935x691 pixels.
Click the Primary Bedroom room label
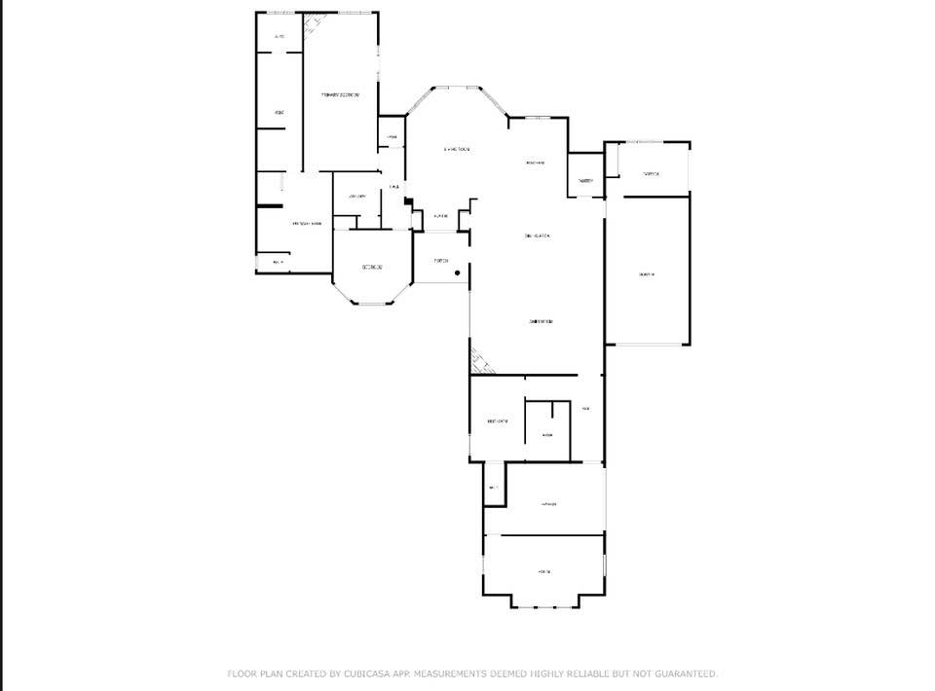pyautogui.click(x=341, y=94)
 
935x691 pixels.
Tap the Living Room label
pyautogui.click(x=457, y=149)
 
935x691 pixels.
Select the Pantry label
pyautogui.click(x=585, y=181)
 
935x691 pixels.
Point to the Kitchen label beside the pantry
pyautogui.click(x=535, y=163)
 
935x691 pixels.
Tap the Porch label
pyautogui.click(x=441, y=261)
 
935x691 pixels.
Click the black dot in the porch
pyautogui.click(x=457, y=273)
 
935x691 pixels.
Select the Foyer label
pyautogui.click(x=441, y=215)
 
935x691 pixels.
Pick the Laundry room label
pyautogui.click(x=355, y=196)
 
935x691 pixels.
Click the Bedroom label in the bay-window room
pyautogui.click(x=372, y=268)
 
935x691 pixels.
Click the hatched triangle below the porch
pyautogui.click(x=481, y=361)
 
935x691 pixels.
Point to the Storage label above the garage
pyautogui.click(x=651, y=174)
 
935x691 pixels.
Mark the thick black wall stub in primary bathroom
pyautogui.click(x=270, y=206)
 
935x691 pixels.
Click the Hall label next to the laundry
pyautogui.click(x=393, y=187)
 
